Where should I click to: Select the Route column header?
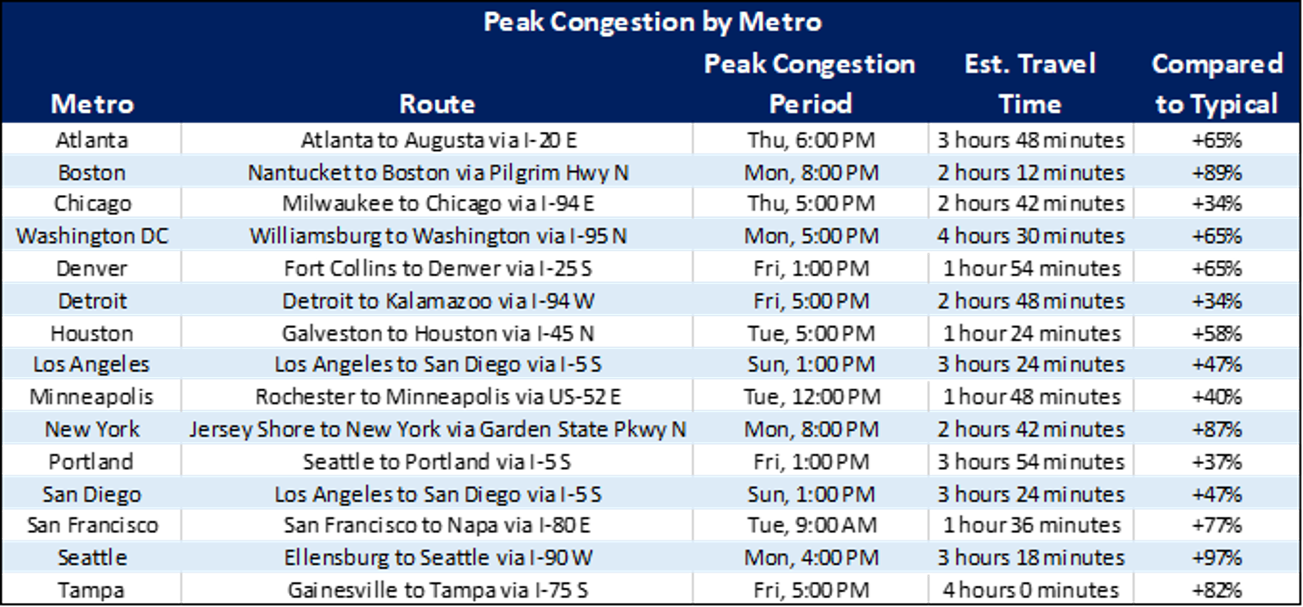click(x=437, y=104)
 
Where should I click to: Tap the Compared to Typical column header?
click(x=1216, y=84)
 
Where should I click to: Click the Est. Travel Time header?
click(x=1030, y=84)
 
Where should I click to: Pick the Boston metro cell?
click(x=92, y=173)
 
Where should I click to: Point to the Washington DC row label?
click(x=92, y=236)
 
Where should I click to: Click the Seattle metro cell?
click(x=92, y=558)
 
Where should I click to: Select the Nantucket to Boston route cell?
click(x=438, y=173)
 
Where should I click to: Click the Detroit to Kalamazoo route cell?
click(x=438, y=301)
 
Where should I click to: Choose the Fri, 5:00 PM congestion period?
click(x=811, y=301)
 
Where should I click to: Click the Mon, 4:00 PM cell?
click(x=811, y=558)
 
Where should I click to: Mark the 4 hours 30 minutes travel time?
click(x=1031, y=236)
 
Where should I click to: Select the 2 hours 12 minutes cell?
click(x=1031, y=173)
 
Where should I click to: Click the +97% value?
click(x=1216, y=558)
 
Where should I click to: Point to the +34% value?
click(x=1216, y=301)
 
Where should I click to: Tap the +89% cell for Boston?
click(x=1216, y=173)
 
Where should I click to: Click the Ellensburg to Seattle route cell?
click(x=438, y=558)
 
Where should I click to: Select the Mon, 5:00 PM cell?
click(x=811, y=236)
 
